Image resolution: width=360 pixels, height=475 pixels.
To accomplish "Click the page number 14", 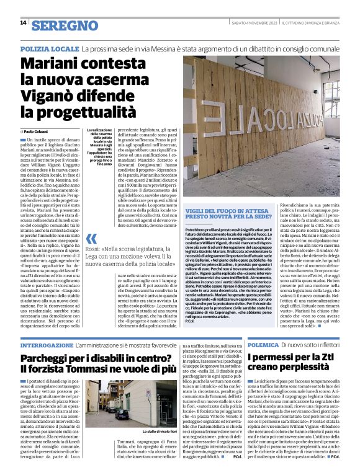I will pos(22,23).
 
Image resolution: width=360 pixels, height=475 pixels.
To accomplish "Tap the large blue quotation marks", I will pos(92,239).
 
